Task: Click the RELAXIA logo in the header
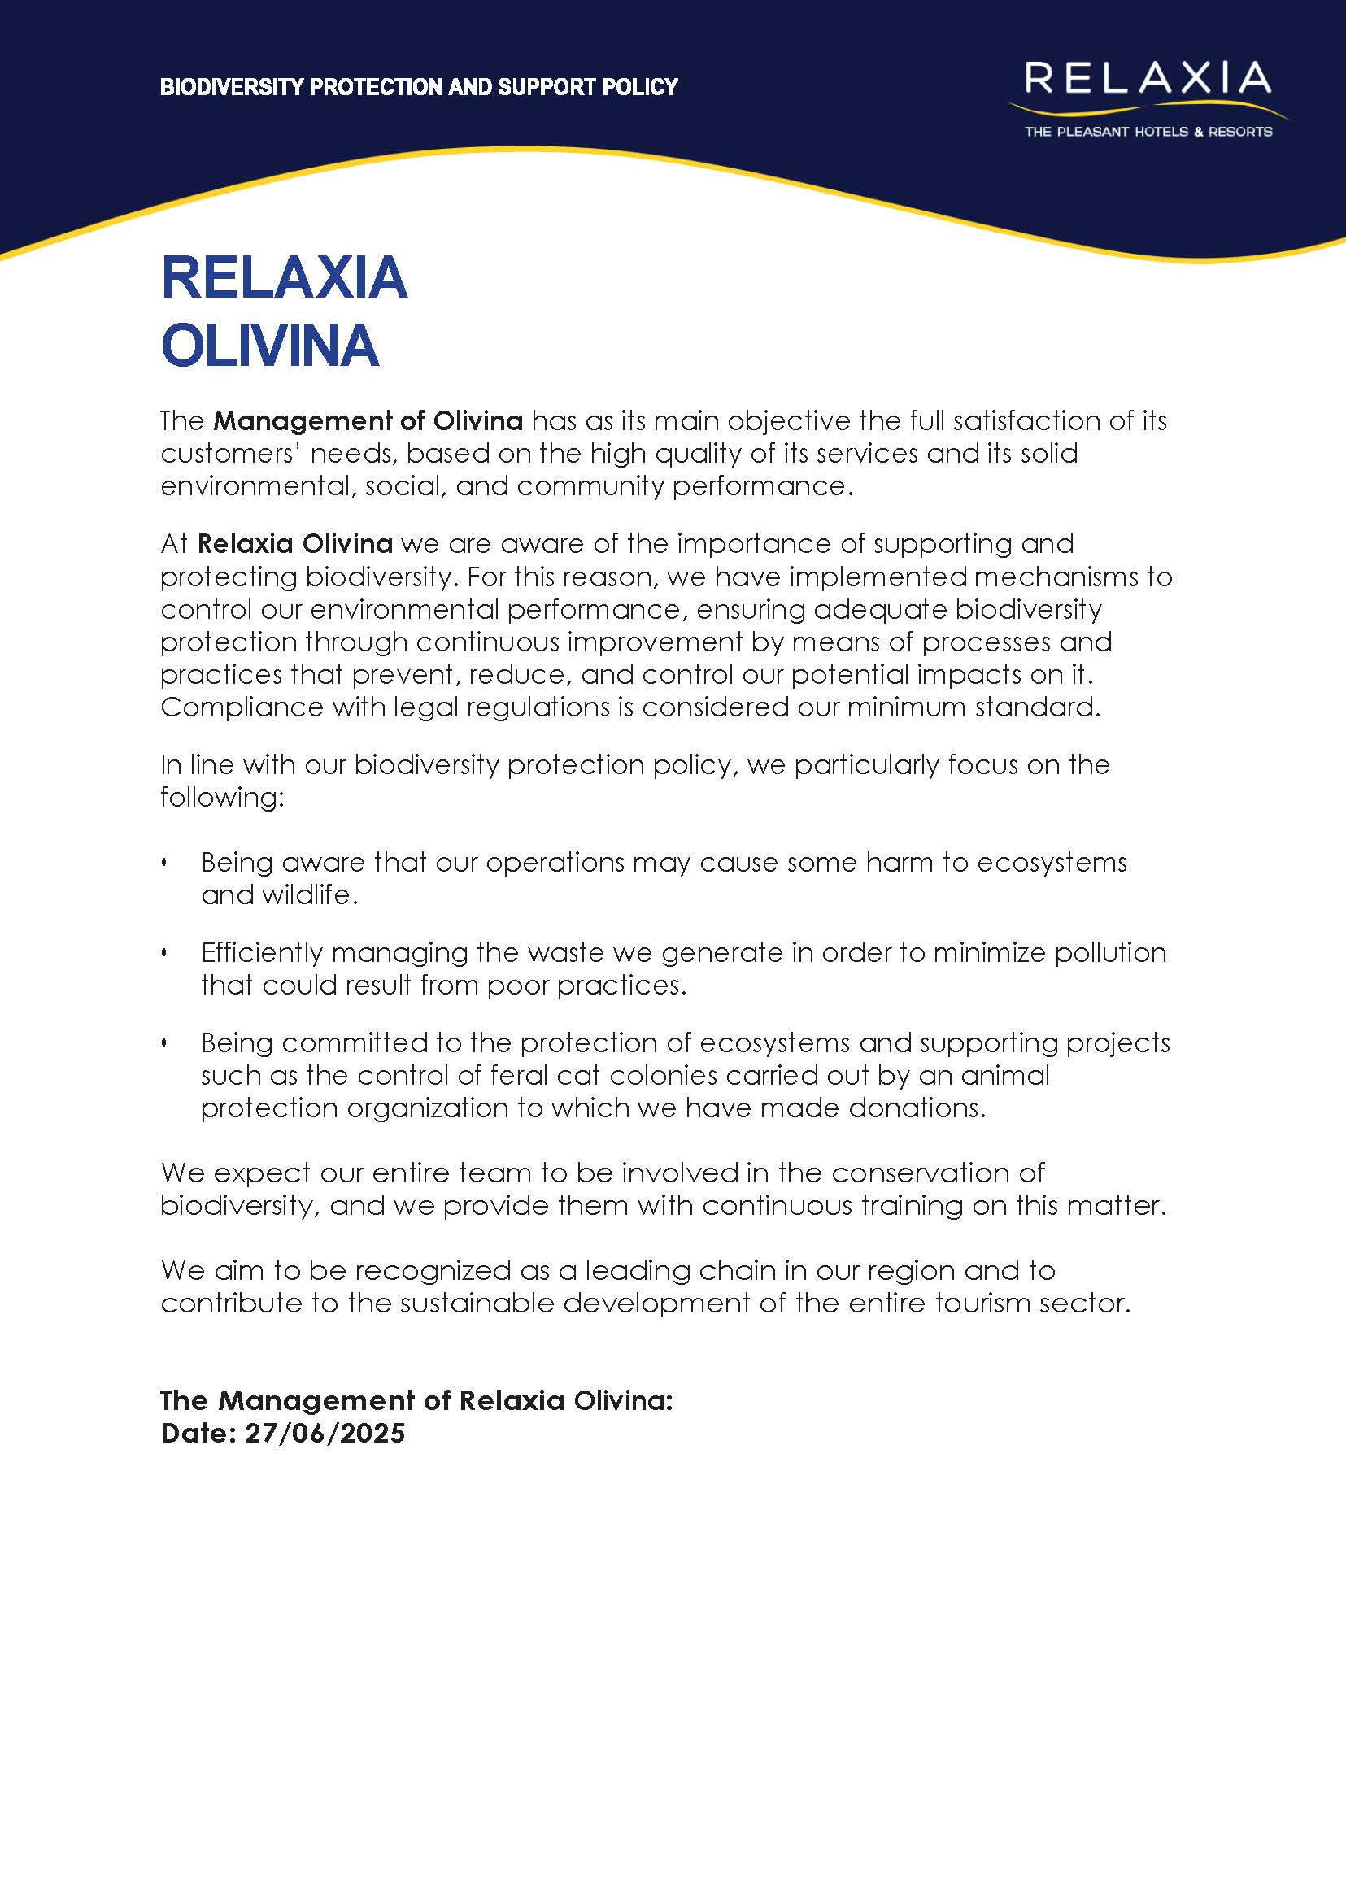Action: tap(1148, 80)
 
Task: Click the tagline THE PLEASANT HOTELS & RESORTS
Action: tap(1148, 132)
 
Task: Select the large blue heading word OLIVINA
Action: tap(270, 346)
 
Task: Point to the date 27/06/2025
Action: tap(325, 1433)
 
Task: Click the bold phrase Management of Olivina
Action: tap(368, 421)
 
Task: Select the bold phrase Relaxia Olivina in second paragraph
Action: tap(295, 544)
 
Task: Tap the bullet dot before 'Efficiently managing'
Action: tap(164, 953)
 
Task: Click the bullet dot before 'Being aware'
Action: tap(164, 863)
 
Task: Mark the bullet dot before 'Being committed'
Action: tap(164, 1042)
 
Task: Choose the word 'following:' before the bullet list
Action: tap(222, 797)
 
